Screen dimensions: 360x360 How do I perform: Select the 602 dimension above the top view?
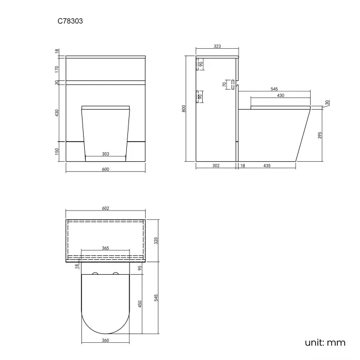click(x=106, y=208)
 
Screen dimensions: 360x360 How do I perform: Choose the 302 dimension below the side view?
click(x=217, y=166)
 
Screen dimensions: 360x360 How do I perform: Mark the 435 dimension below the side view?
click(x=267, y=166)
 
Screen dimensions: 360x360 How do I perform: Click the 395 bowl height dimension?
click(x=320, y=136)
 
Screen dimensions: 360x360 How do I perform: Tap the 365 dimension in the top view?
click(x=105, y=248)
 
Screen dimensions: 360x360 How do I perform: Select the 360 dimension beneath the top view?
click(x=105, y=340)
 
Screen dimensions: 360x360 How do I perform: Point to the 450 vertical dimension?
click(x=140, y=304)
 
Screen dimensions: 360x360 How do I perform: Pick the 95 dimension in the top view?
click(x=140, y=268)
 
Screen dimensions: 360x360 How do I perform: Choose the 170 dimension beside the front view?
click(x=57, y=69)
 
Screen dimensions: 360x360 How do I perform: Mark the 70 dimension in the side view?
click(x=224, y=85)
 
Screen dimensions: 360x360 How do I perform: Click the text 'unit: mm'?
click(x=325, y=342)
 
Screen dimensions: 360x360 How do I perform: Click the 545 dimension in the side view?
click(x=274, y=89)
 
